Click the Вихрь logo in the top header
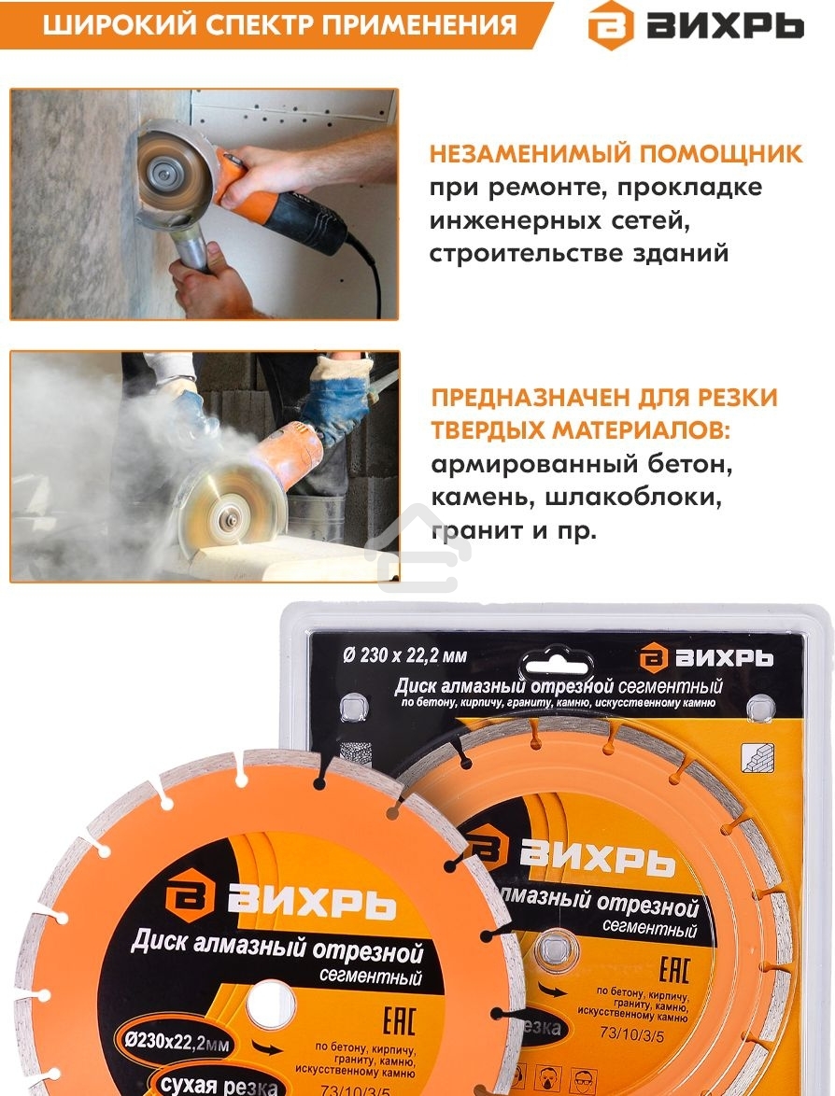pyautogui.click(x=695, y=25)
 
